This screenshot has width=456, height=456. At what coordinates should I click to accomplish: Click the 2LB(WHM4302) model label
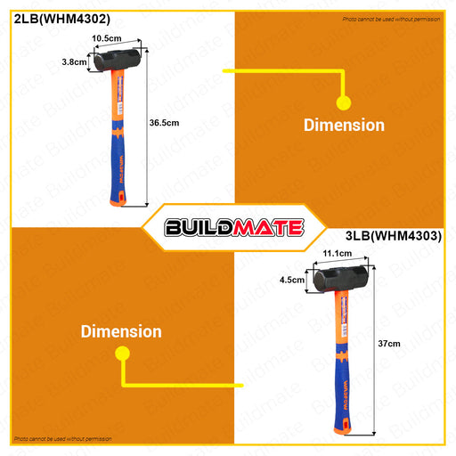(x=62, y=19)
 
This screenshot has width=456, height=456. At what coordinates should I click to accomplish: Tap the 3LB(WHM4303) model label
(x=394, y=236)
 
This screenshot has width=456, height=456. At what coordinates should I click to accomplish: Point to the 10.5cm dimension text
(x=107, y=38)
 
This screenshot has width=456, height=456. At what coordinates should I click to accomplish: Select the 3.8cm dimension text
(x=74, y=62)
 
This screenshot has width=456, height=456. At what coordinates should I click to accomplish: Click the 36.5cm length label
(x=164, y=123)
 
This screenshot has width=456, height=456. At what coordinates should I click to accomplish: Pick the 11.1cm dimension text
(x=338, y=254)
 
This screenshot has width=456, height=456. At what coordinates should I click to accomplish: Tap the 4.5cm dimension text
(x=292, y=280)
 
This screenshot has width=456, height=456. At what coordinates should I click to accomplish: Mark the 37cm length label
(x=389, y=344)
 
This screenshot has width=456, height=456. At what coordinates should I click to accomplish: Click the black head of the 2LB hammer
(x=117, y=60)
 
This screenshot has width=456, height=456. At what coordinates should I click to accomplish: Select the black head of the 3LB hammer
(x=340, y=279)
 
